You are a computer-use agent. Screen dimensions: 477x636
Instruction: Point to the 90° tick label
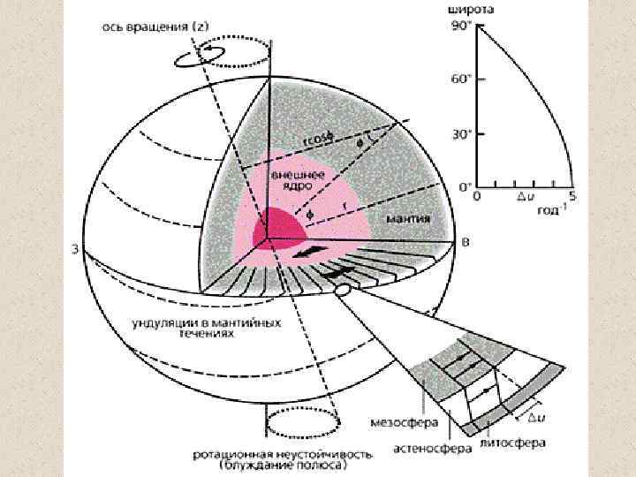tap(462, 27)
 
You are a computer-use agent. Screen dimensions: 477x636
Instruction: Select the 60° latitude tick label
tap(462, 79)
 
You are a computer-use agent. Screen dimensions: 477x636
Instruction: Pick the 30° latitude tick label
tap(462, 134)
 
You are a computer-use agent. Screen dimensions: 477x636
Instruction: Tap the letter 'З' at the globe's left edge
tap(77, 250)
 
